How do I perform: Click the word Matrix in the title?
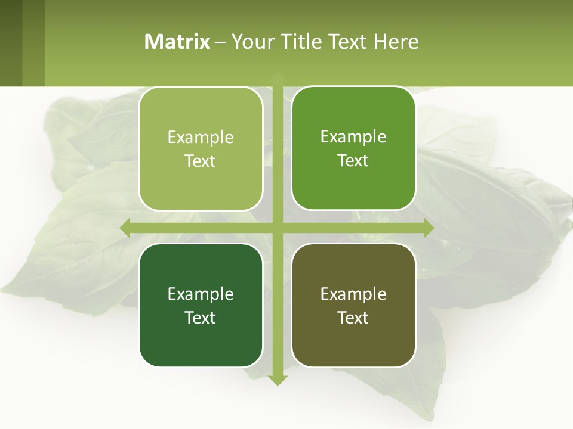[177, 42]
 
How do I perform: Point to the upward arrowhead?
[278, 77]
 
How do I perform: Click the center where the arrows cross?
[278, 228]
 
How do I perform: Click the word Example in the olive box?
[353, 294]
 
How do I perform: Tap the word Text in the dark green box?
[201, 318]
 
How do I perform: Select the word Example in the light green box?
[201, 137]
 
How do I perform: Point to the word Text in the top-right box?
[353, 160]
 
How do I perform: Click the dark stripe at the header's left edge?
[11, 43]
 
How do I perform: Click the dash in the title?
[220, 42]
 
